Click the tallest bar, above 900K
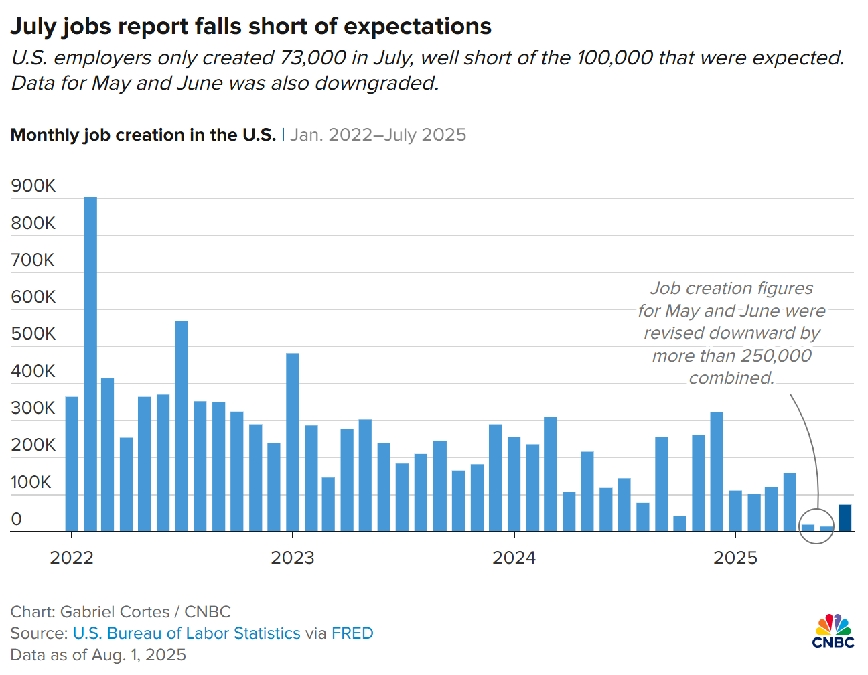coord(90,362)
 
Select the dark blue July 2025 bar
coord(845,518)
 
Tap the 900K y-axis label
coord(33,185)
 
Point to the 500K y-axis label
coord(33,333)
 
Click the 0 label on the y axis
coord(17,519)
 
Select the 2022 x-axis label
coord(72,558)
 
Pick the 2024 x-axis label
coord(514,558)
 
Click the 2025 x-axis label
coord(735,558)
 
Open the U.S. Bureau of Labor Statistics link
coord(186,633)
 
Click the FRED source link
coord(352,633)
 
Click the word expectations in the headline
coord(417,27)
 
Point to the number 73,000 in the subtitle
coord(313,58)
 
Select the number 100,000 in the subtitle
coord(614,58)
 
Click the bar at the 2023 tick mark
coord(293,442)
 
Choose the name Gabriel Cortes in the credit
coord(115,612)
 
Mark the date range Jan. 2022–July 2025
coord(378,135)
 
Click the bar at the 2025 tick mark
coord(735,511)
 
